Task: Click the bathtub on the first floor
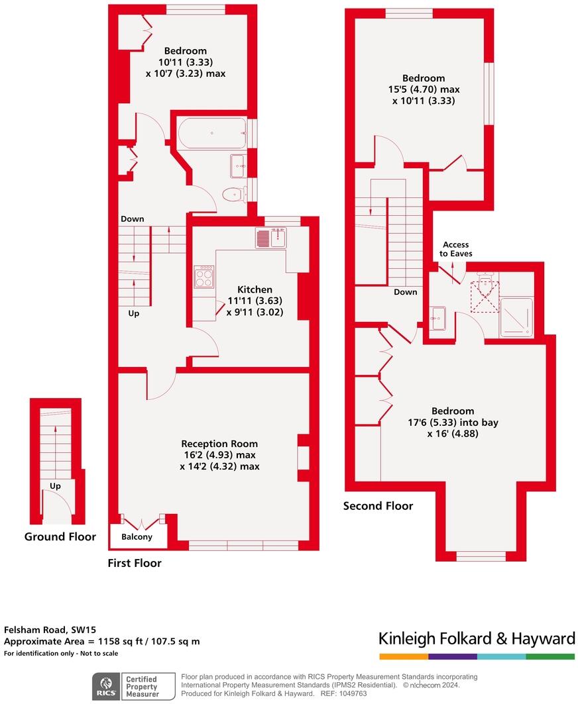pyautogui.click(x=211, y=134)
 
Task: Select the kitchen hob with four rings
pyautogui.click(x=203, y=276)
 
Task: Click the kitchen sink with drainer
pyautogui.click(x=270, y=238)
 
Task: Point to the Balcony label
pyautogui.click(x=137, y=537)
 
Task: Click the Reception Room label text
pyautogui.click(x=219, y=444)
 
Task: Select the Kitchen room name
pyautogui.click(x=255, y=289)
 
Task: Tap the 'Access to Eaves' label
pyautogui.click(x=456, y=249)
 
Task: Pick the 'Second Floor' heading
pyautogui.click(x=378, y=506)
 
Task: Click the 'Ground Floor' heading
pyautogui.click(x=60, y=536)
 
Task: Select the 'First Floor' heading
pyautogui.click(x=135, y=563)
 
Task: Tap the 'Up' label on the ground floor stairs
pyautogui.click(x=55, y=486)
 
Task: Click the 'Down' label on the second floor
pyautogui.click(x=405, y=292)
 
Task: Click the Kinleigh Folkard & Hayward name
pyautogui.click(x=477, y=638)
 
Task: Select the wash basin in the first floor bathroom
pyautogui.click(x=238, y=166)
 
